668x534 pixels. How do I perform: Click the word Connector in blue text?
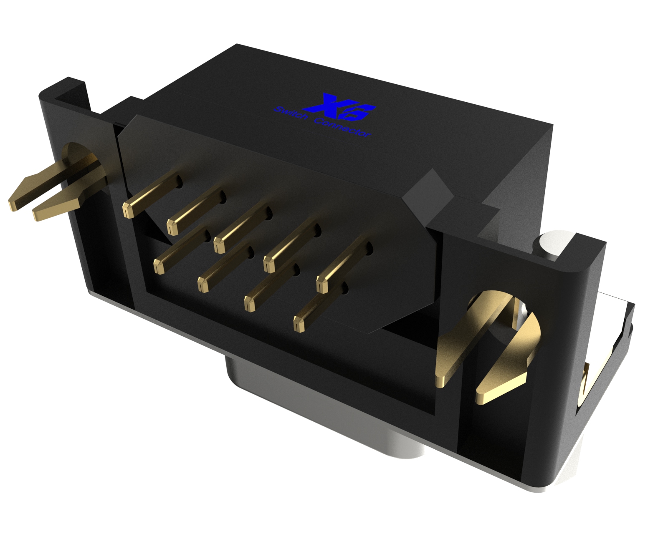pyautogui.click(x=342, y=128)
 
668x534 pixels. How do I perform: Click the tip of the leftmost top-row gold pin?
pyautogui.click(x=127, y=209)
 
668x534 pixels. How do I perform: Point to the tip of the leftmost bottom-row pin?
pyautogui.click(x=158, y=267)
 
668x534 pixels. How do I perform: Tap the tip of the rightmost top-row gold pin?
pyautogui.click(x=322, y=286)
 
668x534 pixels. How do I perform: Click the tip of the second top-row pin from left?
pyautogui.click(x=172, y=227)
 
